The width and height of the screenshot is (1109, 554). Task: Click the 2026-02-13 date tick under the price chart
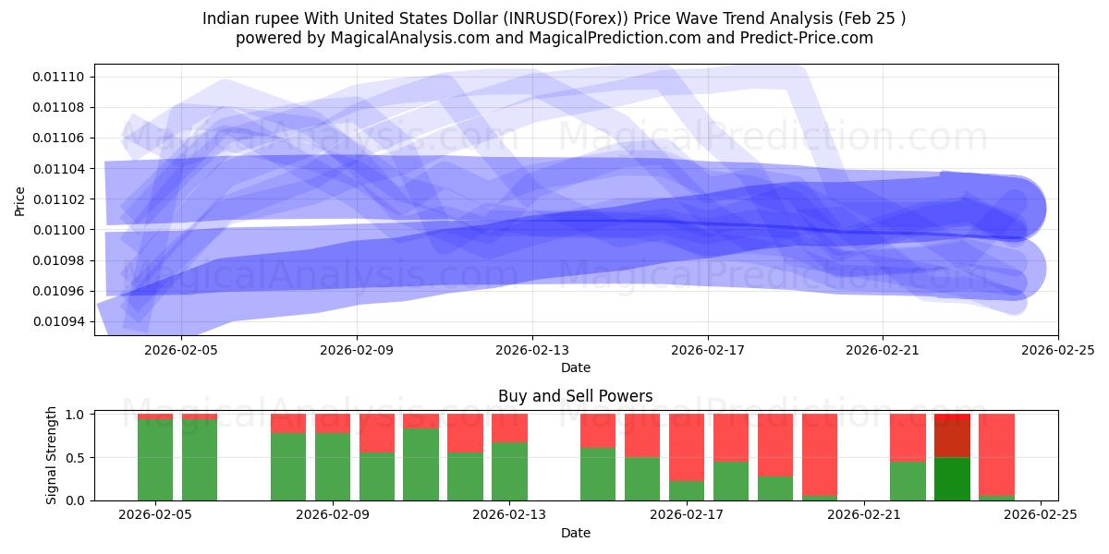(532, 350)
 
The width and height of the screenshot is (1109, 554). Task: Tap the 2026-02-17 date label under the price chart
(707, 350)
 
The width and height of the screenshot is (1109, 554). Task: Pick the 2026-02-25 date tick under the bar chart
(1041, 515)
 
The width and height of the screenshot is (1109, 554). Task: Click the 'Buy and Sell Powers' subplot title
(575, 396)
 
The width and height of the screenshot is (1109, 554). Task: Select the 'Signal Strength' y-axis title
(52, 455)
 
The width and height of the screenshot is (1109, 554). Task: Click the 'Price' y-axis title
(20, 199)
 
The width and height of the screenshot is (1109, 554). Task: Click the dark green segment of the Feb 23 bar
(952, 478)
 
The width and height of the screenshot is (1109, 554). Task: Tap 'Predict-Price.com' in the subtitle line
(810, 38)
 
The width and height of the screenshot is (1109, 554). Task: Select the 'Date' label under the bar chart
(575, 533)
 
